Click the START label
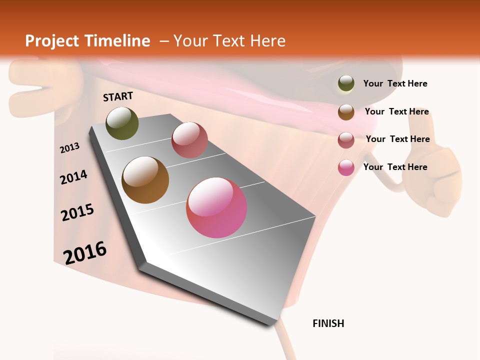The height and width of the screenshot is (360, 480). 118,96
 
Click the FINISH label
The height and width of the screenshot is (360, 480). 328,323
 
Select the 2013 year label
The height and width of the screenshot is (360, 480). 70,147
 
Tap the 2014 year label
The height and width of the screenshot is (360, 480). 74,177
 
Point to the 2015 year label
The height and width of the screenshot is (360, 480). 77,212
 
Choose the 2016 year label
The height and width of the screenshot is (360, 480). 85,252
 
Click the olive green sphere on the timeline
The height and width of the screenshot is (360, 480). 122,123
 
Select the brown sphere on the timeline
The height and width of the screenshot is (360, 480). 145,180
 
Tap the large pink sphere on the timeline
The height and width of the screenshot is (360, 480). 216,207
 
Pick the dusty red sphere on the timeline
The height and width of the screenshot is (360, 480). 189,139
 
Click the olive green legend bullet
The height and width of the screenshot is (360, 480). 346,83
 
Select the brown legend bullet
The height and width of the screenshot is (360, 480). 346,111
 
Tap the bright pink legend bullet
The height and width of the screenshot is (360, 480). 346,167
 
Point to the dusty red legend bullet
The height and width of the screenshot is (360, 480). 346,139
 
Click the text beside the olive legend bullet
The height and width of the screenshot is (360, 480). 395,83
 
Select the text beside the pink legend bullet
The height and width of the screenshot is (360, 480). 395,167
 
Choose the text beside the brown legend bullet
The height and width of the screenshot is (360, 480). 396,111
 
